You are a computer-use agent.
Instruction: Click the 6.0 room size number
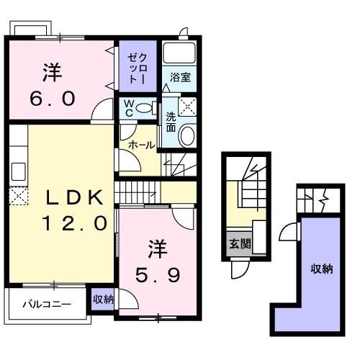53,99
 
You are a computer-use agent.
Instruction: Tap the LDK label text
75,197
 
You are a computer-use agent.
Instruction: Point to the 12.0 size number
75,223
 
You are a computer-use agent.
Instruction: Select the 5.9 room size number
158,275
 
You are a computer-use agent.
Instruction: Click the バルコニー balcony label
47,305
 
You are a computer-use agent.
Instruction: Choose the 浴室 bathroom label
180,77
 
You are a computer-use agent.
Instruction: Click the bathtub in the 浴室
179,53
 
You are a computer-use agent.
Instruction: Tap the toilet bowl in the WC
143,108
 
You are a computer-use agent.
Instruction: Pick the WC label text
129,109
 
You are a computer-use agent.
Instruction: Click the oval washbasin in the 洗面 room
188,136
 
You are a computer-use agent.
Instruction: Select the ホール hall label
142,145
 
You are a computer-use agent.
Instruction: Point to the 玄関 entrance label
240,244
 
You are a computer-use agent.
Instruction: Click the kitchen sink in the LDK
19,171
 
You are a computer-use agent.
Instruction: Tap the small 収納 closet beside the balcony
103,300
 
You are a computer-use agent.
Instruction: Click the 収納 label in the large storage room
322,269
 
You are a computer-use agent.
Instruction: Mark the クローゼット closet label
138,68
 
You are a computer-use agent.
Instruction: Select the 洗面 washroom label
171,122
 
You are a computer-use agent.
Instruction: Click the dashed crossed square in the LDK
19,196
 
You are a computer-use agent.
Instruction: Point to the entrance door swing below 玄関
240,269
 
